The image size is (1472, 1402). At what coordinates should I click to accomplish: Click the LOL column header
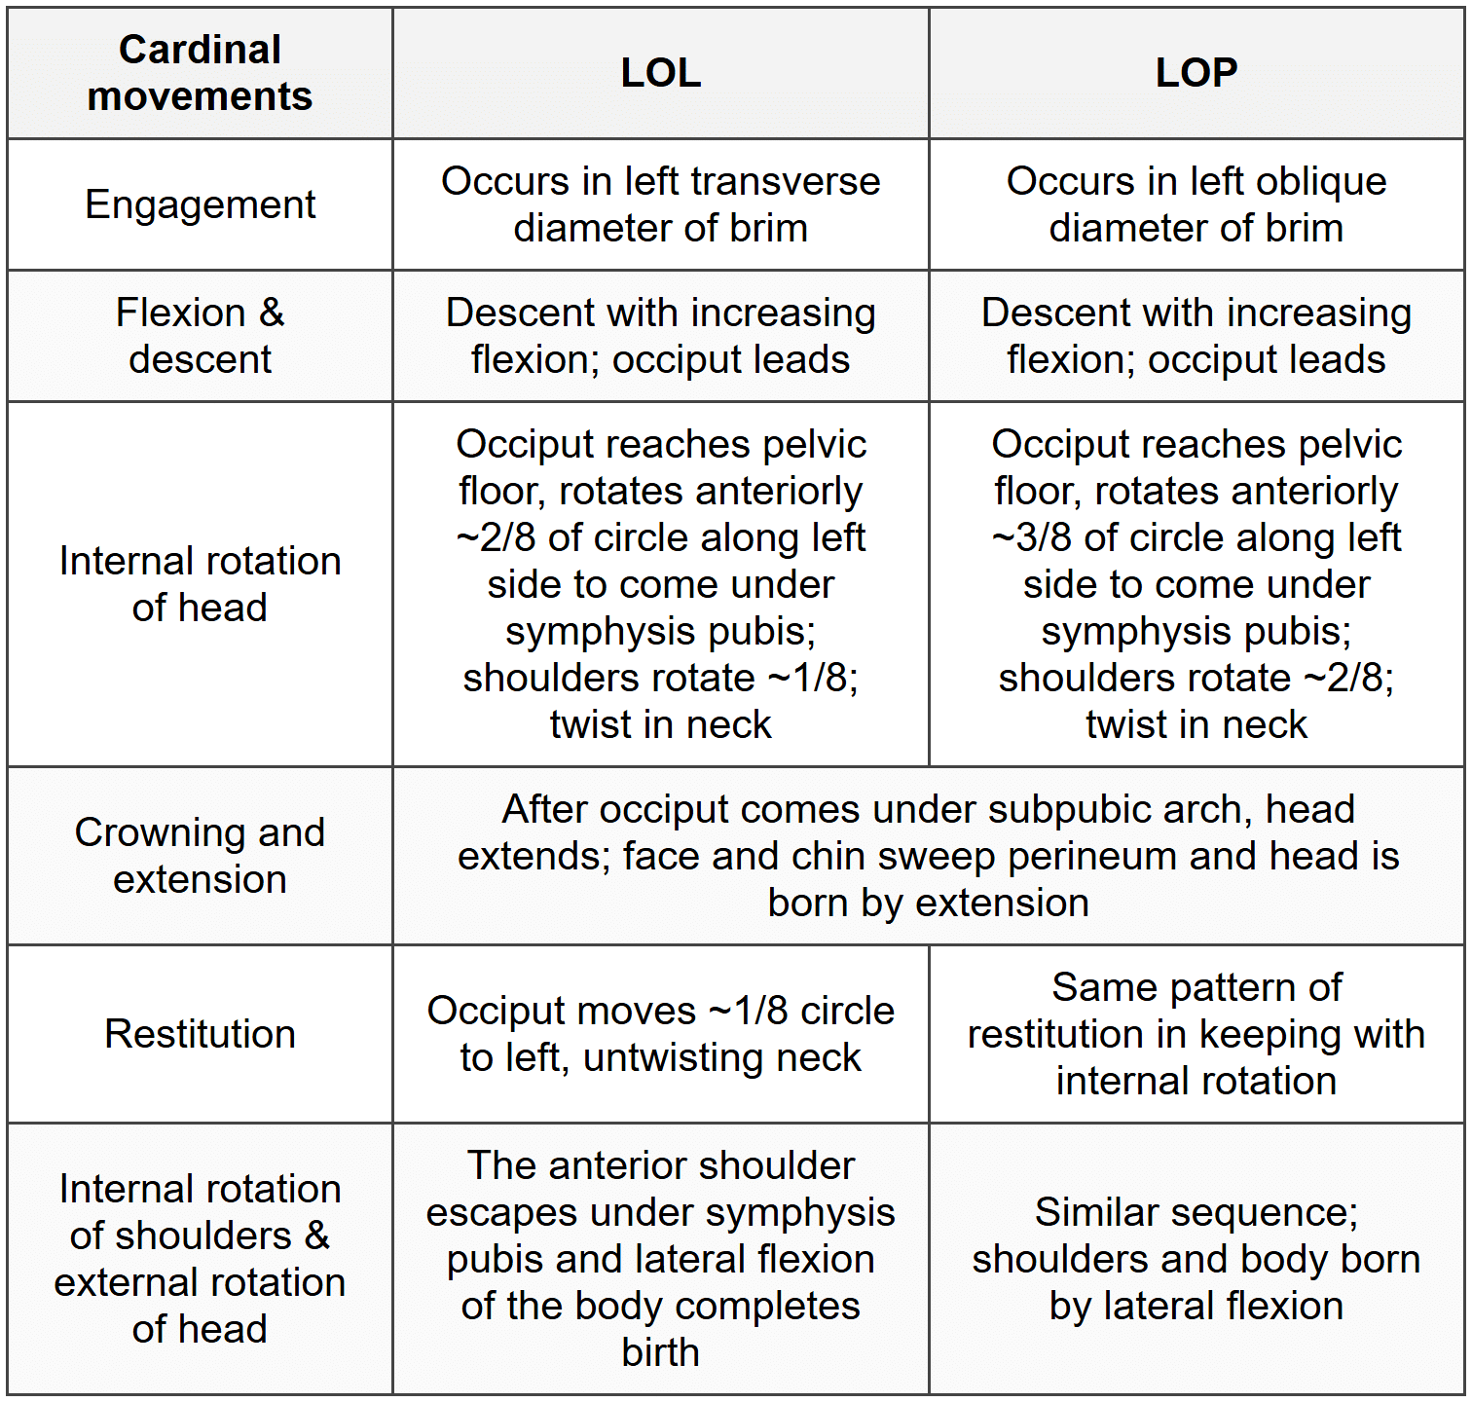[661, 73]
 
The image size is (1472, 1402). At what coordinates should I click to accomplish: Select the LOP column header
[1196, 73]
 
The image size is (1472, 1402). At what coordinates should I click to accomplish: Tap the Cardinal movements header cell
[200, 73]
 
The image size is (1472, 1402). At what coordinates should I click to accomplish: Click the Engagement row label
[200, 204]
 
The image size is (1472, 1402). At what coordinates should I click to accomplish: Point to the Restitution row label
[200, 1034]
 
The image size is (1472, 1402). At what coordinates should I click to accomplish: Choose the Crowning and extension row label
[200, 856]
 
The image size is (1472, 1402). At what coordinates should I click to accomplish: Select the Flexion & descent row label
[200, 336]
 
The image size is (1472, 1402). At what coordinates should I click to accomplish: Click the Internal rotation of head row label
[200, 584]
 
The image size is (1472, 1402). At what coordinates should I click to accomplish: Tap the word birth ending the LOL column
[661, 1353]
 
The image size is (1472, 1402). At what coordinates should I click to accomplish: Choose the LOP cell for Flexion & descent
[1196, 336]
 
